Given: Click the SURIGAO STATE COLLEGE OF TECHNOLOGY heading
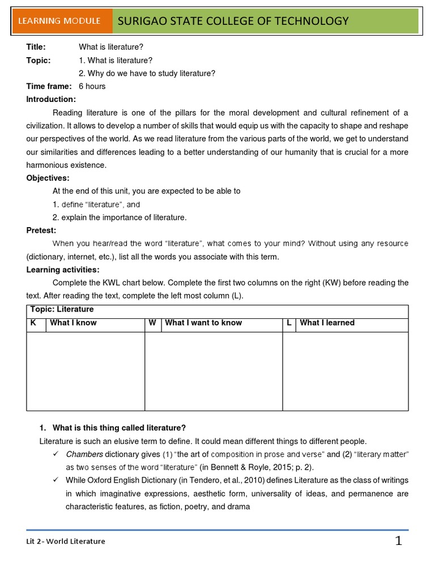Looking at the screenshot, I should point(232,22).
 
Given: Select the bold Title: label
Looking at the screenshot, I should point(36,47).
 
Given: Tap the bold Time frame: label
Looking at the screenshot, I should point(49,86).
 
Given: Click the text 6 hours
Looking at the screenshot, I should point(92,86).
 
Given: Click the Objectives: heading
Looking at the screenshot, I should point(48,178).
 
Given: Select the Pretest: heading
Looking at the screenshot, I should point(41,231).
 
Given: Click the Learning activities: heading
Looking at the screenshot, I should point(62,270).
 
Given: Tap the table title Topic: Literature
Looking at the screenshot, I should point(60,309).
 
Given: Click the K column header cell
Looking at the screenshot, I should point(33,323).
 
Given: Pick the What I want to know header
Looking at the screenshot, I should point(203,323).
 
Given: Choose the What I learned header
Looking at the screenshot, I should point(327,323).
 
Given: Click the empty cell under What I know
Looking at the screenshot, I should point(85,371).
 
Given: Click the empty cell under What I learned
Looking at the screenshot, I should point(345,371).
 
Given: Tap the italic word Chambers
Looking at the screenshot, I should point(84,454).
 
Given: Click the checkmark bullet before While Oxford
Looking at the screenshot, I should point(56,480).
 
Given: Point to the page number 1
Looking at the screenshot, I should point(399,541).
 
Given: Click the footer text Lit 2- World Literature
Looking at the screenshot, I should point(66,541).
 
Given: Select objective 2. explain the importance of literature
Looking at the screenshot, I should point(119,217).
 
